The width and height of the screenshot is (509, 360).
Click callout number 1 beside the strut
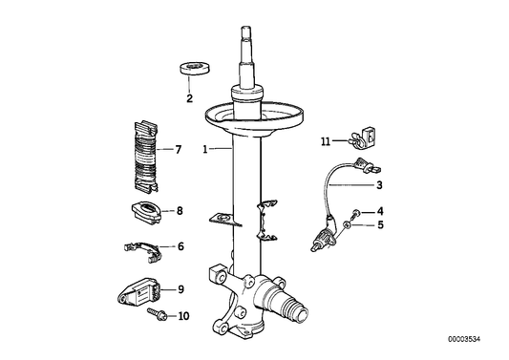coord(204,150)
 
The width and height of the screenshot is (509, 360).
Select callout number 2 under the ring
coord(189,98)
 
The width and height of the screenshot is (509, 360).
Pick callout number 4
coord(379,211)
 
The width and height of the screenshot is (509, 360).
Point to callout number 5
coord(379,225)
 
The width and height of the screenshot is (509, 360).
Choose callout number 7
coord(177,150)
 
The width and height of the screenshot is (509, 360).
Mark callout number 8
coord(178,210)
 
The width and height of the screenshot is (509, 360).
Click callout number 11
coord(326,141)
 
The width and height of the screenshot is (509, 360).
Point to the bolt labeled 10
coord(156,313)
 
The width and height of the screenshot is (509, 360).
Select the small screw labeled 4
coord(355,212)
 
